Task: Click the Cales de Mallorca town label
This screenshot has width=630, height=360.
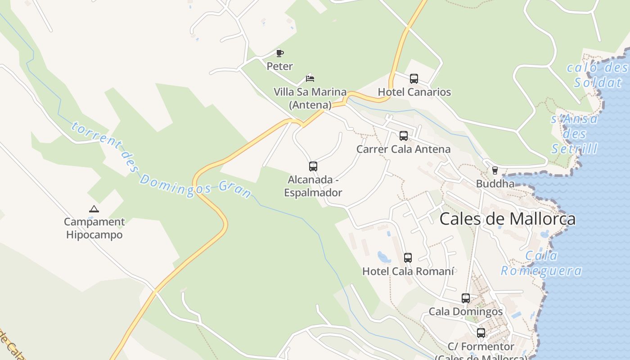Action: [507, 219]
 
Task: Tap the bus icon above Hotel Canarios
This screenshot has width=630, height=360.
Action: [414, 79]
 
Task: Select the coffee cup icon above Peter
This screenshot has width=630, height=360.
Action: [280, 53]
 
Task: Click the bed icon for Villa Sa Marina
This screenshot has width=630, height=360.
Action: [310, 78]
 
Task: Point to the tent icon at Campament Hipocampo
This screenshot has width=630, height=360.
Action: [94, 209]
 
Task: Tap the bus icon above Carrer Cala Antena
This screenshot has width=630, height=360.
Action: [404, 136]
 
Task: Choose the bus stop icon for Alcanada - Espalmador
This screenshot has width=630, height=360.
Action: [313, 166]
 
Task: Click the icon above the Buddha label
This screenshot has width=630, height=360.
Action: [495, 171]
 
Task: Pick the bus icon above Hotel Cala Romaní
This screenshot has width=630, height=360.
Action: [408, 258]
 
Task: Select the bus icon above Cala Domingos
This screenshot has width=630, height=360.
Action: [466, 298]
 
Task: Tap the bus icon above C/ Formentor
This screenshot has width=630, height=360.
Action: [481, 333]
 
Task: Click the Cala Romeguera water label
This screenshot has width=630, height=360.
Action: [541, 264]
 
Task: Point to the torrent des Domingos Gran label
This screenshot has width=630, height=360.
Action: [161, 160]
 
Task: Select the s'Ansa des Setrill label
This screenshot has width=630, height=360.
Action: [575, 134]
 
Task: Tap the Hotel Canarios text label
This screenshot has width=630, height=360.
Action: [414, 92]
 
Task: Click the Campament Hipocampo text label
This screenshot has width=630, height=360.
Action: [94, 228]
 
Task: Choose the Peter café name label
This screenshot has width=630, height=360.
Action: [279, 67]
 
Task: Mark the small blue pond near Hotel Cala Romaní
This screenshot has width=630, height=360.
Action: [384, 257]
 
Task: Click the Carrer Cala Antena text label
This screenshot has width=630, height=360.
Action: [403, 149]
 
